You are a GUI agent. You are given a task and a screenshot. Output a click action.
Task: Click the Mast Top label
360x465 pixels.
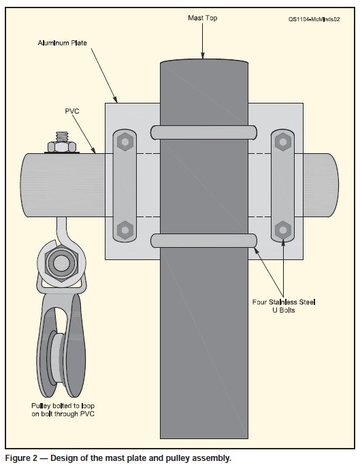pos(203,18)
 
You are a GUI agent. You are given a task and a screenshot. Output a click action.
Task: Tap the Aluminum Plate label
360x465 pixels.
pos(63,43)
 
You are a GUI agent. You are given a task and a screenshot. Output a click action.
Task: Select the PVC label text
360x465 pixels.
pos(72,111)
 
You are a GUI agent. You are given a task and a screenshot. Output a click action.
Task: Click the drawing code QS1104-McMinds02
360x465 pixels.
pos(314,20)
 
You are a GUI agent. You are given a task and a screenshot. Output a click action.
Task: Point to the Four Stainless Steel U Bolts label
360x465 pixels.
pos(284,306)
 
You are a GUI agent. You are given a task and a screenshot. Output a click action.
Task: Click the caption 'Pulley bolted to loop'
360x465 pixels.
pos(63,406)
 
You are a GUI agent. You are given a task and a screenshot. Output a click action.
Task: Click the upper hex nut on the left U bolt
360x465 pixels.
pos(125,142)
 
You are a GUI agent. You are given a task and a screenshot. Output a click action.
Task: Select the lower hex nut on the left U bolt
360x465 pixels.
pos(125,229)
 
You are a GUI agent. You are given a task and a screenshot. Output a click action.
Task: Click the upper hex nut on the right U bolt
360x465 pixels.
pos(283,142)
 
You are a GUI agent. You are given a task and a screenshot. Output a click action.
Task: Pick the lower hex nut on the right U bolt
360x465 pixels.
pos(283,229)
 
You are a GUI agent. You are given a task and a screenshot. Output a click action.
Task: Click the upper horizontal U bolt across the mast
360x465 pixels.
pos(203,133)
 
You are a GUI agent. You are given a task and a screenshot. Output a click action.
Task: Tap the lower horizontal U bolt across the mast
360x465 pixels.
pos(203,240)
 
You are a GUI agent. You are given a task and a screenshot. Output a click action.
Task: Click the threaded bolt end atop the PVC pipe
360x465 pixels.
pos(62,137)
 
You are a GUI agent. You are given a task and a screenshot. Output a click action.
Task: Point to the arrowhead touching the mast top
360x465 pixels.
pos(203,55)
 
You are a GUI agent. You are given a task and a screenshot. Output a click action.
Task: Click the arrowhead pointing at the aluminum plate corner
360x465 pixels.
pos(116,99)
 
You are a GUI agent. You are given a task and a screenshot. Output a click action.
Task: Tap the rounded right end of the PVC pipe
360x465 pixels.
pos(333,185)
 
